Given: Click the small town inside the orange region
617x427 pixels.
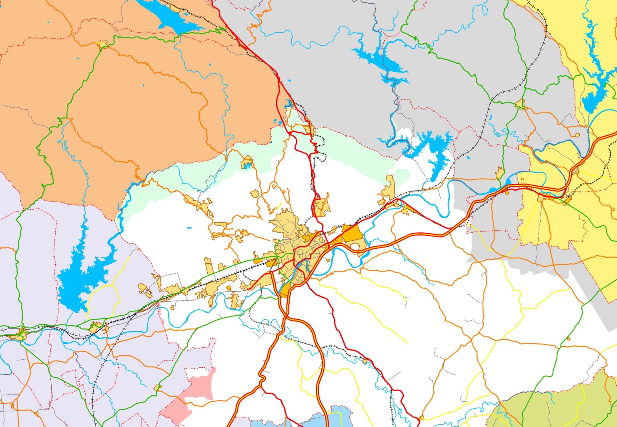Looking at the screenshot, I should pos(104,44).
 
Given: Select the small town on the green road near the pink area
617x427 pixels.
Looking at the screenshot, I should pos(157,388).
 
